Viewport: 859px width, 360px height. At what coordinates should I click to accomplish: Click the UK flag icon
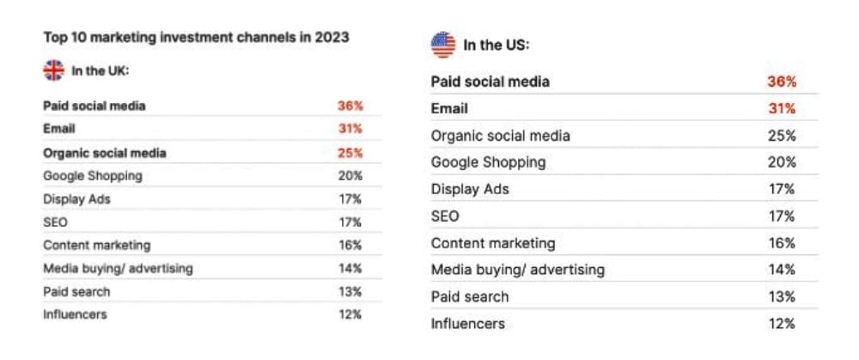coord(53,70)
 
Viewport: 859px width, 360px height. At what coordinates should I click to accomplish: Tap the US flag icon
coord(443,45)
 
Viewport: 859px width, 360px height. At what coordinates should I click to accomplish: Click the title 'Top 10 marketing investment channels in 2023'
coord(196,38)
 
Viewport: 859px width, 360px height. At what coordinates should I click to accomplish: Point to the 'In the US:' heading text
coord(497,45)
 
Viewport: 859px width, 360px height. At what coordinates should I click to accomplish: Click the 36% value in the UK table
coord(350,106)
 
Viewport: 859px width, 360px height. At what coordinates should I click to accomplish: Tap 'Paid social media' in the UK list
coord(94,106)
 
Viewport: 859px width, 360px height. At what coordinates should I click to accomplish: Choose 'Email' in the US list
coord(449,108)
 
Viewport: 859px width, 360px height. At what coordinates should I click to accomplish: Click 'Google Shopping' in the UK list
coord(93,175)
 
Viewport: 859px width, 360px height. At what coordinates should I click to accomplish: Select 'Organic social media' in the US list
coord(500,136)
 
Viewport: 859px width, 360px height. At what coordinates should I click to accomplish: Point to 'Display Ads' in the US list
coord(470,189)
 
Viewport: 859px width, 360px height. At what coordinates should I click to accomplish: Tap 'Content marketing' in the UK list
coord(96,245)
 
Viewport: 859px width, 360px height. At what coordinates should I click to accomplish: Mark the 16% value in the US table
coord(783,243)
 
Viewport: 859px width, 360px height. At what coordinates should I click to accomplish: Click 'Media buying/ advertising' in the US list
coord(517,270)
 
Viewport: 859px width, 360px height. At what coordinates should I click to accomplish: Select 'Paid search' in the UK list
coord(76,291)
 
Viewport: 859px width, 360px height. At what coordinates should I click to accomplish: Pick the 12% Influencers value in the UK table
coord(350,314)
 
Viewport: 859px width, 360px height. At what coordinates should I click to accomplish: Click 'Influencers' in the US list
coord(467,324)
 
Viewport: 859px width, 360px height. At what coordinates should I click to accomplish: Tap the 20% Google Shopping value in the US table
coord(783,162)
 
